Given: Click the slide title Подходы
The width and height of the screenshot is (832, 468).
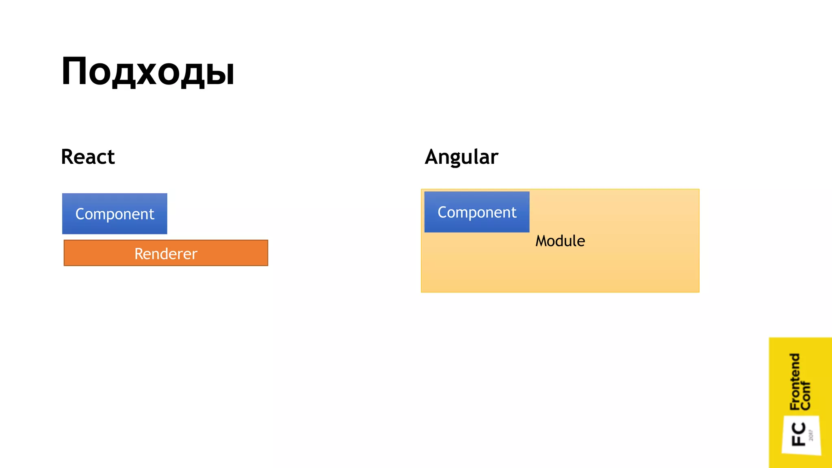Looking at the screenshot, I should point(148,71).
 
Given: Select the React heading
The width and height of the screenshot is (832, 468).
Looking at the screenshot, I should point(88,157).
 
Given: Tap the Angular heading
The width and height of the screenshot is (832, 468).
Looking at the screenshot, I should point(461,157).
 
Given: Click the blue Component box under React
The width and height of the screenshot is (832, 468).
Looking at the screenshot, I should point(115,214).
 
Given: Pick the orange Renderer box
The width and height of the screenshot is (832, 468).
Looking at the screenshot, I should point(166,253).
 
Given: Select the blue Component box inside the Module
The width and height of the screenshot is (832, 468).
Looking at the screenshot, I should point(477,212).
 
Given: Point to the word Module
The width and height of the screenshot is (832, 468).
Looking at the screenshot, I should point(560,241).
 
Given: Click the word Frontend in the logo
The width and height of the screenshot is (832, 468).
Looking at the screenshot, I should point(795,381).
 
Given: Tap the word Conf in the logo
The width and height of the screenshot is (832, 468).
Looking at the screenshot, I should point(806,396).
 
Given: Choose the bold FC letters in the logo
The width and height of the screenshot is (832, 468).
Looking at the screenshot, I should point(799,434).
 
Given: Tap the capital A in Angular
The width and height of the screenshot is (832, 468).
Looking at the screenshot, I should point(432,157).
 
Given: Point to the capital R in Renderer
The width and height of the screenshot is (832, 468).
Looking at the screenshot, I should point(139,253).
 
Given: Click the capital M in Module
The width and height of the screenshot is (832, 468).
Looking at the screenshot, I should point(542,241).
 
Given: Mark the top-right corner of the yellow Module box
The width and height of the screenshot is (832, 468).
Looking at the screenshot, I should point(699,190).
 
